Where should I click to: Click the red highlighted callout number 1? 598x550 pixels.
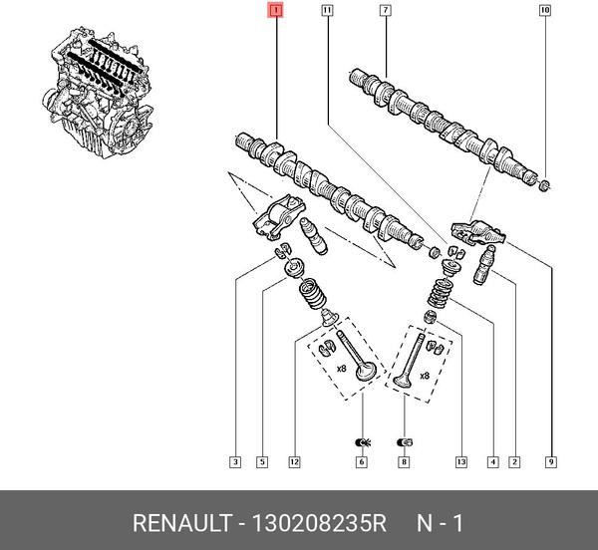tap(276, 11)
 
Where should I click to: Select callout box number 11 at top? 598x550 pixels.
tap(327, 11)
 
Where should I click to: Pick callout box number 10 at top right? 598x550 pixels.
tap(544, 11)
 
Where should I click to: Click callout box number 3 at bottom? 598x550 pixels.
tap(234, 461)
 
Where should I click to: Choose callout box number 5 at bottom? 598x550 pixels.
tap(261, 461)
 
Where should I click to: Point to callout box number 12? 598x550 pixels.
tap(294, 461)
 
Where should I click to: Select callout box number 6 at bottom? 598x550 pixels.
tap(361, 461)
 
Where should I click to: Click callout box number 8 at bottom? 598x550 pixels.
tap(404, 461)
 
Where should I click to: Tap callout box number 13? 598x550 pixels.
tap(460, 461)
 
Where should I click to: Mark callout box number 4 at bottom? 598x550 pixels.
tap(492, 461)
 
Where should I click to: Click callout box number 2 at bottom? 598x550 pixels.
tap(514, 461)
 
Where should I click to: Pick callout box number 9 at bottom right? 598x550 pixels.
tap(550, 461)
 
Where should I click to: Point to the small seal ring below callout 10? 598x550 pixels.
tap(543, 186)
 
